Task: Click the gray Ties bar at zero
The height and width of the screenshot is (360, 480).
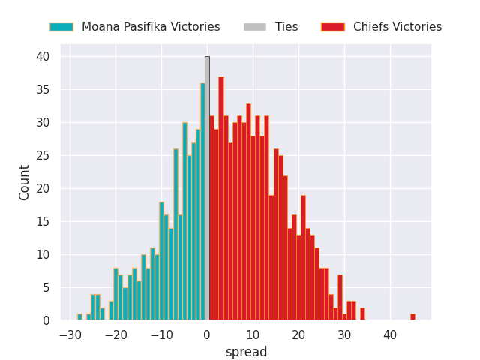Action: (x=207, y=188)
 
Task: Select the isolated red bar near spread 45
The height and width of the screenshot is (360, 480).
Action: (x=412, y=317)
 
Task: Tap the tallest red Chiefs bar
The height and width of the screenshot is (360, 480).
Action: (x=221, y=199)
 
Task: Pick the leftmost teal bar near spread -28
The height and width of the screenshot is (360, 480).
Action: (x=79, y=317)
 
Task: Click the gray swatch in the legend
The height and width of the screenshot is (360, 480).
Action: (x=255, y=27)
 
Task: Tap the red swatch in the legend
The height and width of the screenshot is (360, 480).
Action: (x=332, y=27)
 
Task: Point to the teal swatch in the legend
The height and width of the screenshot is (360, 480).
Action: (x=61, y=27)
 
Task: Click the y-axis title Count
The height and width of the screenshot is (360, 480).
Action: (x=25, y=182)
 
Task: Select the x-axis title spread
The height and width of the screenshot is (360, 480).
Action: (x=247, y=352)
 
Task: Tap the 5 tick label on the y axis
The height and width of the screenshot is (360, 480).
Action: (x=46, y=288)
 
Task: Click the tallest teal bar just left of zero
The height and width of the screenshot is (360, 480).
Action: (x=202, y=202)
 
